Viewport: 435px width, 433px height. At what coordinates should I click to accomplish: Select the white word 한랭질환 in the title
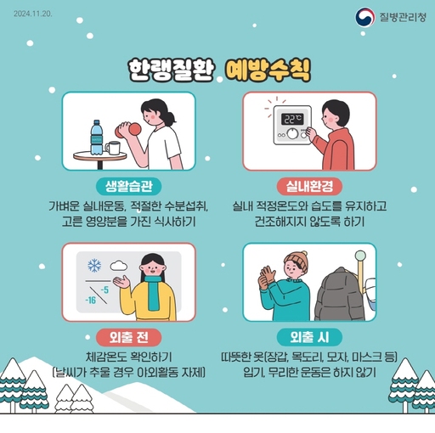[168, 68]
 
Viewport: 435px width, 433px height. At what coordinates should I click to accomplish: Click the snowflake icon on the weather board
[93, 266]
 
